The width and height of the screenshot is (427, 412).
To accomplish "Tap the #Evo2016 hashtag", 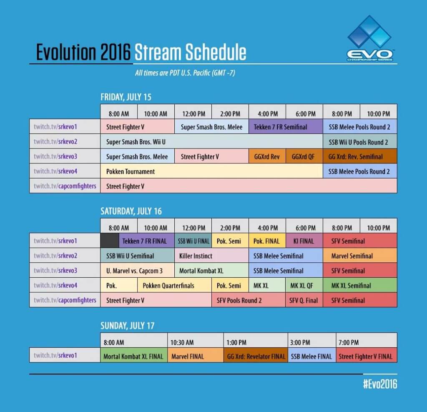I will click(x=380, y=384).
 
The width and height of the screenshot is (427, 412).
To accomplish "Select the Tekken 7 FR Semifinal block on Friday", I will click(x=286, y=127).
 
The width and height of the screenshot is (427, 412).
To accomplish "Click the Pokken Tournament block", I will click(x=211, y=171).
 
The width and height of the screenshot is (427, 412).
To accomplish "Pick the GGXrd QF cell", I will click(x=304, y=157).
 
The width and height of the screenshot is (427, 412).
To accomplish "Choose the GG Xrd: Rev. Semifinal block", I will click(x=360, y=157).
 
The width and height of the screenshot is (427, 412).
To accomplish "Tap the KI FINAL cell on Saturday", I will click(x=304, y=241).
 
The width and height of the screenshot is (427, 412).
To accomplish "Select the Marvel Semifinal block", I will click(x=360, y=256).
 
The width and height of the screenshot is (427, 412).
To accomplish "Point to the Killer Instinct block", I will click(x=211, y=256).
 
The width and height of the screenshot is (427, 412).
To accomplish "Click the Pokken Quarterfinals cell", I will click(x=174, y=286).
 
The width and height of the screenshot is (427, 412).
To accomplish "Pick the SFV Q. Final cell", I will click(x=304, y=300).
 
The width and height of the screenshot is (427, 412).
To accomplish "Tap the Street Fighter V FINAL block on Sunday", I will click(x=366, y=357).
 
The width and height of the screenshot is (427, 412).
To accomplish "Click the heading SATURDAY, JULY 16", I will click(x=131, y=211).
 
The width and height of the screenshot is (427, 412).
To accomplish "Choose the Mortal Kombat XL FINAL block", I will click(x=133, y=357).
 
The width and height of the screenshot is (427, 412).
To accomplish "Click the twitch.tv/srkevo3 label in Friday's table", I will click(x=55, y=157).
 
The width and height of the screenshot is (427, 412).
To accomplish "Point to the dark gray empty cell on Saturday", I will click(x=109, y=241).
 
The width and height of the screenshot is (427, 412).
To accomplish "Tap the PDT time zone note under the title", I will click(x=186, y=73).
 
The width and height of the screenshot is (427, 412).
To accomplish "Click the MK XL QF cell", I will click(x=304, y=286).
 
